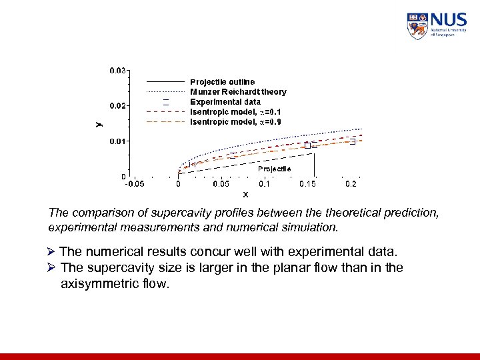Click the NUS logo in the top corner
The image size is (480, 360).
437,25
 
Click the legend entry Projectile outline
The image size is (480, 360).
222,82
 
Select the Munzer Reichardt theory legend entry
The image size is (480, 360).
238,92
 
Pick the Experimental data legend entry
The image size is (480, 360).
225,102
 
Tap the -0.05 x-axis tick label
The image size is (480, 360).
135,183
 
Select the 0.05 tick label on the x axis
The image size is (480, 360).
220,183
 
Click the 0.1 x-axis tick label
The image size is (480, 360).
265,183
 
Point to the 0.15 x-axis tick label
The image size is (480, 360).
307,183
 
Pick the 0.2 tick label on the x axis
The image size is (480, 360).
351,183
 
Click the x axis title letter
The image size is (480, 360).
245,195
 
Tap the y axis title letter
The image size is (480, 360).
98,123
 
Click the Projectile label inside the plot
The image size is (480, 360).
274,169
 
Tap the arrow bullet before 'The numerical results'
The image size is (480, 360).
53,252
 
